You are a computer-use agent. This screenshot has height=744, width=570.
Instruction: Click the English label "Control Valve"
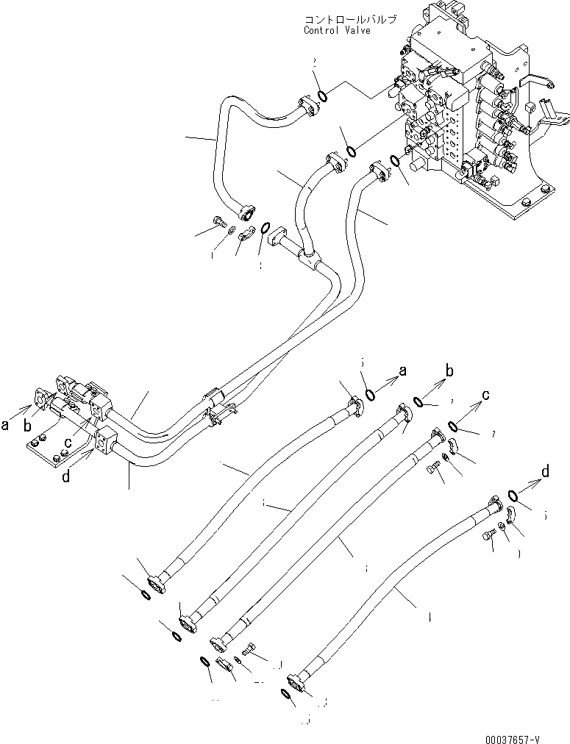coord(336,31)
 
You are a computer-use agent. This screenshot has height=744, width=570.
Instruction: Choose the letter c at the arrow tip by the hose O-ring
coord(486,396)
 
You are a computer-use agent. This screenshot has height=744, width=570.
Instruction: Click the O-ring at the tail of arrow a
coord(371,395)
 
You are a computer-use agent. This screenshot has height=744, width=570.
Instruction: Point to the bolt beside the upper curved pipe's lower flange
coord(218,222)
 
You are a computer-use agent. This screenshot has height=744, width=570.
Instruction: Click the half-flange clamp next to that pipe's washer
coord(246,234)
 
